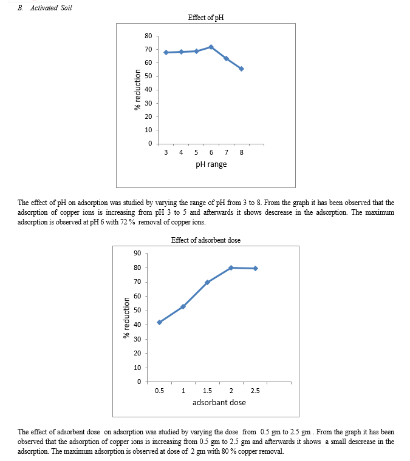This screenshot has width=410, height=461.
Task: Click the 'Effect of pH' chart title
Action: [x=206, y=18]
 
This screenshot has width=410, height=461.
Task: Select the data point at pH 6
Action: [x=211, y=47]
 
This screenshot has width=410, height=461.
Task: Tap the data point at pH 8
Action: [x=241, y=69]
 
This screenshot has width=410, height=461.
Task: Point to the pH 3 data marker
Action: [x=166, y=52]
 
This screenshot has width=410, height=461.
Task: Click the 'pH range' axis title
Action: [x=211, y=164]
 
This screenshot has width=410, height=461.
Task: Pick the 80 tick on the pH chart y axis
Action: [x=148, y=36]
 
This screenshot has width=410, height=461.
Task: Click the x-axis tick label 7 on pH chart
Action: [x=227, y=152]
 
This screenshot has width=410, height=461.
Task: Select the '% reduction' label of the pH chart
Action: [x=137, y=90]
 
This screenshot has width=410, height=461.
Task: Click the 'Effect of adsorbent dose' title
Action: [x=206, y=240]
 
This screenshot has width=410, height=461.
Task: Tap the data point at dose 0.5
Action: [x=160, y=322]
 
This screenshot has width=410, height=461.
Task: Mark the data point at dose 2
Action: [x=231, y=268]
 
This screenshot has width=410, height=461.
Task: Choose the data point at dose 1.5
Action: [x=207, y=282]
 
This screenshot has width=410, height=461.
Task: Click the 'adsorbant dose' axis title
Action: [x=219, y=403]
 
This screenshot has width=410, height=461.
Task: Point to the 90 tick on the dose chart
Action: [x=137, y=253]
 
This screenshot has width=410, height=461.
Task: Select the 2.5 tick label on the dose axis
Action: [x=255, y=391]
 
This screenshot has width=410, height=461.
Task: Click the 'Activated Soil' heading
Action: [x=51, y=8]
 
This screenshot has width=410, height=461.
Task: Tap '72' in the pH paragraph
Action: [x=123, y=222]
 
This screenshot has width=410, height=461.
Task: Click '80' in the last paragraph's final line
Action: [x=225, y=451]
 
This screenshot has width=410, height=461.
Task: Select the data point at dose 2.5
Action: [x=255, y=269]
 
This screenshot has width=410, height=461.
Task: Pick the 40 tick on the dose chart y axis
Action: [x=137, y=325]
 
